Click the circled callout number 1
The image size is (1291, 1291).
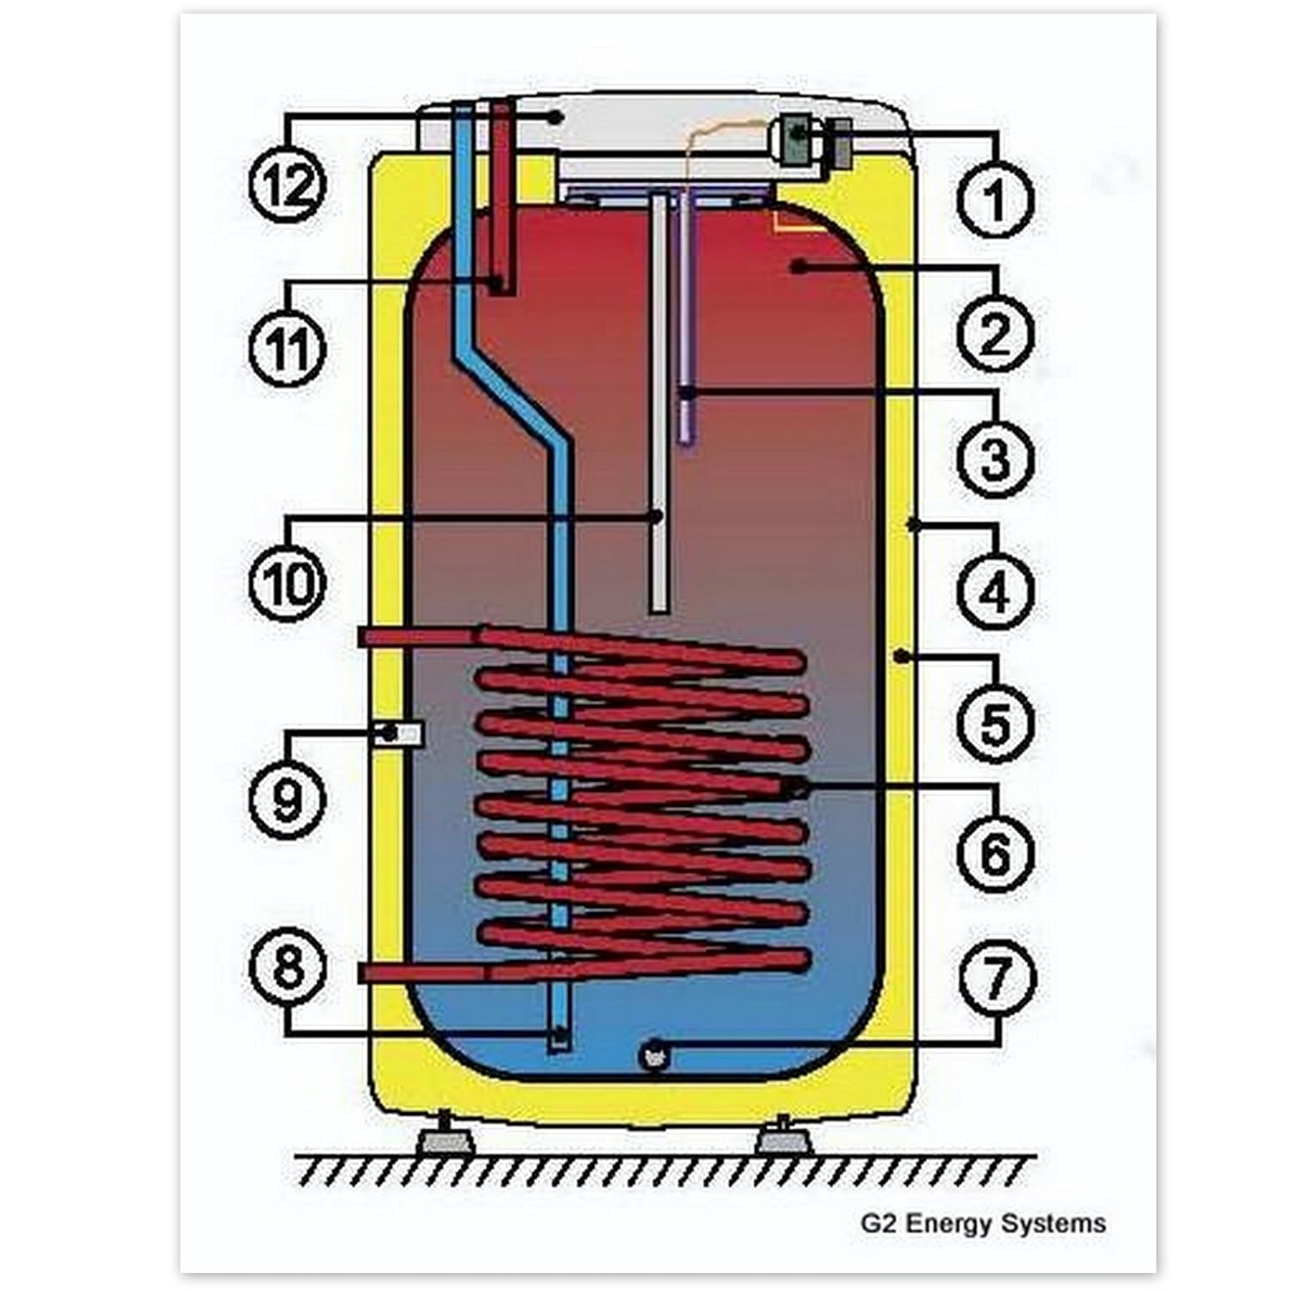coord(995,199)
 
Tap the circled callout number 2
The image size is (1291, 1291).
coord(995,334)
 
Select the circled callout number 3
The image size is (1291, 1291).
coord(995,460)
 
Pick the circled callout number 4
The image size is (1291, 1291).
coord(995,592)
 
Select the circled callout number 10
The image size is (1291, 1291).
coord(288,584)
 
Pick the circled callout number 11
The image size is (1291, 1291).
coord(288,349)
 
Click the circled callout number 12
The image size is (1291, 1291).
coord(288,186)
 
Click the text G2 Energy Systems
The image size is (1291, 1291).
coord(983,1223)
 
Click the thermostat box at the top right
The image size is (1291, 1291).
coord(800,139)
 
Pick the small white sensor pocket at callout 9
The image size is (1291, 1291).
coord(398,734)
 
